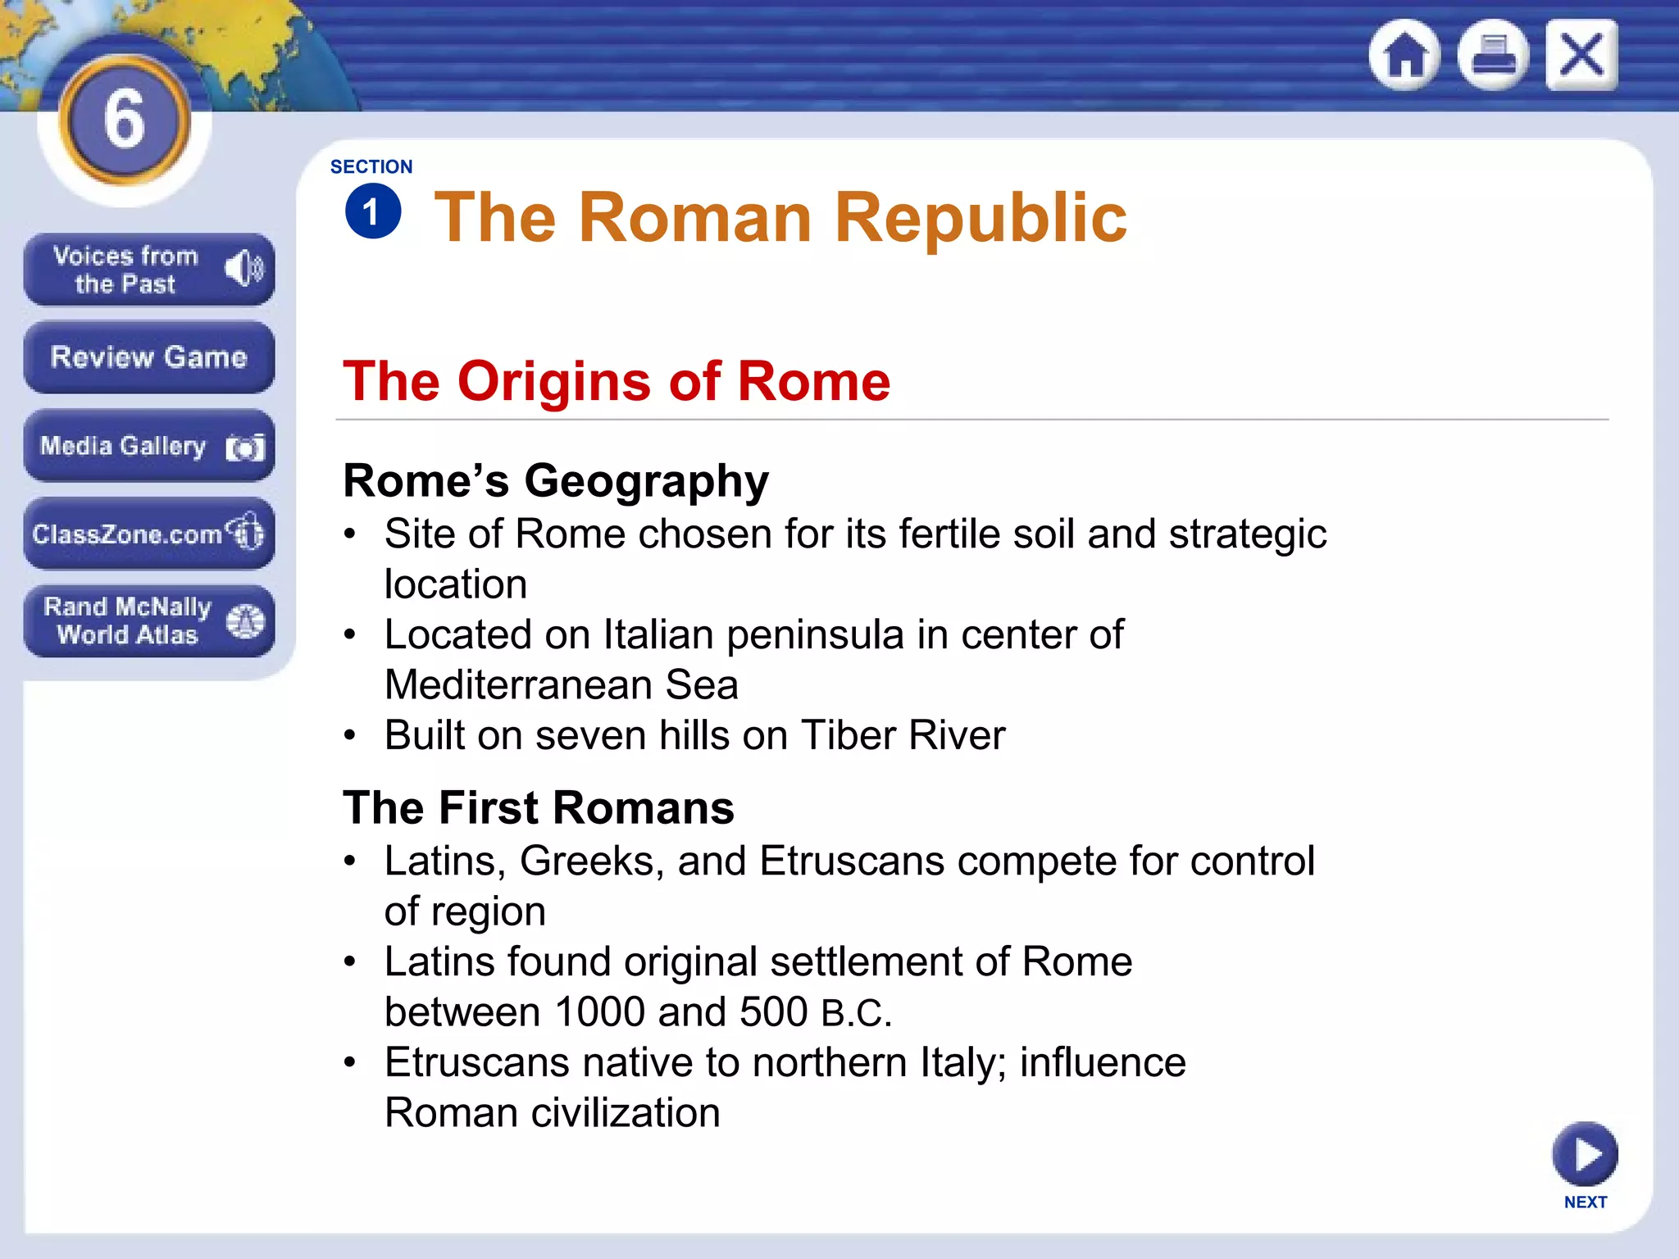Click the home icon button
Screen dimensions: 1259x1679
coord(1405,56)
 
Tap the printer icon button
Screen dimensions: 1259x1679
coord(1493,56)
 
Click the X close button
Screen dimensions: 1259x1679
coord(1581,56)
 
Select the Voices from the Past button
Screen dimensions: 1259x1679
coord(148,270)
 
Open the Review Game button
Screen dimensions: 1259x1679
coord(148,357)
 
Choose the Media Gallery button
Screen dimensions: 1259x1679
coord(148,446)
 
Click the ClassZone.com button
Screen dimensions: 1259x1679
coord(148,534)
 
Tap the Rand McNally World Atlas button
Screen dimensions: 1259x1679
coord(148,621)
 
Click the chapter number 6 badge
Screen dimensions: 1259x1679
coord(125,120)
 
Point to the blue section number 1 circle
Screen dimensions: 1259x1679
coord(373,212)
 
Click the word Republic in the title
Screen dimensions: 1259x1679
coord(981,218)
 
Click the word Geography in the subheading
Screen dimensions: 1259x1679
coord(646,481)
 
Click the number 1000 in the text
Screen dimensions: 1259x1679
coord(599,1012)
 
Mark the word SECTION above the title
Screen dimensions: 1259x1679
coord(371,167)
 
